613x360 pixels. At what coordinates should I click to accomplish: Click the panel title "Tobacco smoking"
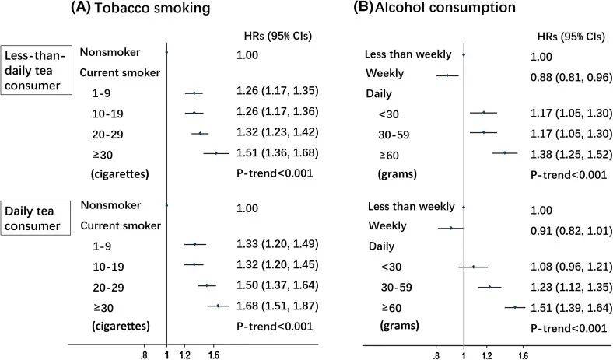(152, 8)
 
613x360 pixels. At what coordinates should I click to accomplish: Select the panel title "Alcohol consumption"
(445, 7)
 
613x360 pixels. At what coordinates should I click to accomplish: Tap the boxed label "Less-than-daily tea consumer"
(36, 70)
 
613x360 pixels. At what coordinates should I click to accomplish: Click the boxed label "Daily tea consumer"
(35, 218)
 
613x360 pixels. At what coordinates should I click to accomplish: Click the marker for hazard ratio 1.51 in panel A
(215, 153)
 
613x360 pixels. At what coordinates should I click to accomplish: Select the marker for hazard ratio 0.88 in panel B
(447, 75)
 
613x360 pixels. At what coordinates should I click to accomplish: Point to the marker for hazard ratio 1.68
(218, 306)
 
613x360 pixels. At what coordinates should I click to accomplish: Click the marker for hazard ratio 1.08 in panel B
(473, 267)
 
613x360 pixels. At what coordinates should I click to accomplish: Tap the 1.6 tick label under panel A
(213, 355)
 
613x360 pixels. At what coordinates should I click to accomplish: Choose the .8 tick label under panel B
(436, 355)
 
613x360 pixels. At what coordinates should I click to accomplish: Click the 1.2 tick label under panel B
(487, 355)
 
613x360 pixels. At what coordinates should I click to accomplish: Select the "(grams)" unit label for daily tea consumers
(399, 326)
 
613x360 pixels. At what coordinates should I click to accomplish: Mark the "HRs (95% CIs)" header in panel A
(278, 36)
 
